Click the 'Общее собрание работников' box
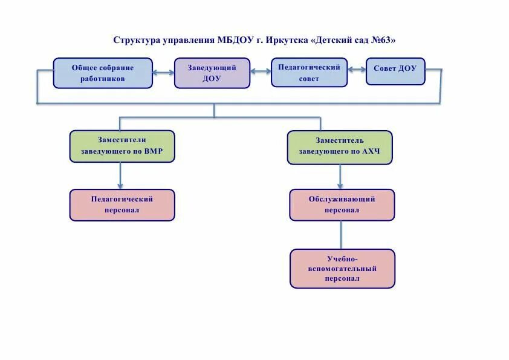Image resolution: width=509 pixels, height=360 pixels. (103, 73)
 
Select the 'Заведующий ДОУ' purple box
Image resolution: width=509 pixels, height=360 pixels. (212, 73)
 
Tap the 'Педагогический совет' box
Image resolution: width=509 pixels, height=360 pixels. (309, 73)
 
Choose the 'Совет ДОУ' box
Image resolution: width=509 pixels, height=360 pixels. (395, 70)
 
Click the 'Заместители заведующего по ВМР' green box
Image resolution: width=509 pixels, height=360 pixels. (122, 146)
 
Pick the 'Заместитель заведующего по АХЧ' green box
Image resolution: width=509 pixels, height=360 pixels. (340, 147)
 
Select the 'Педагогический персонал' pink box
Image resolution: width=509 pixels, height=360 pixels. (122, 205)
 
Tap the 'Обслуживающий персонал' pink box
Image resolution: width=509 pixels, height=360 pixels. (342, 205)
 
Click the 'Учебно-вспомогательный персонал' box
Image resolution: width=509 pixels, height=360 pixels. (342, 268)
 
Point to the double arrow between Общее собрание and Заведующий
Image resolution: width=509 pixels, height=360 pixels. (163, 73)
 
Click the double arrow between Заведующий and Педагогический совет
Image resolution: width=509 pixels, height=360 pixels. (261, 71)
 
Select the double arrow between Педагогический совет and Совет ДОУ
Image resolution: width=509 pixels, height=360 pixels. (357, 70)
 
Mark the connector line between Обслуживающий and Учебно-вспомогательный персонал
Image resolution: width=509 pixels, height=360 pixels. (342, 235)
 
